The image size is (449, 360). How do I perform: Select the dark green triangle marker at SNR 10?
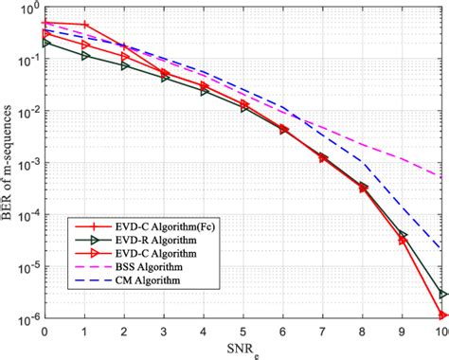point(441,295)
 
